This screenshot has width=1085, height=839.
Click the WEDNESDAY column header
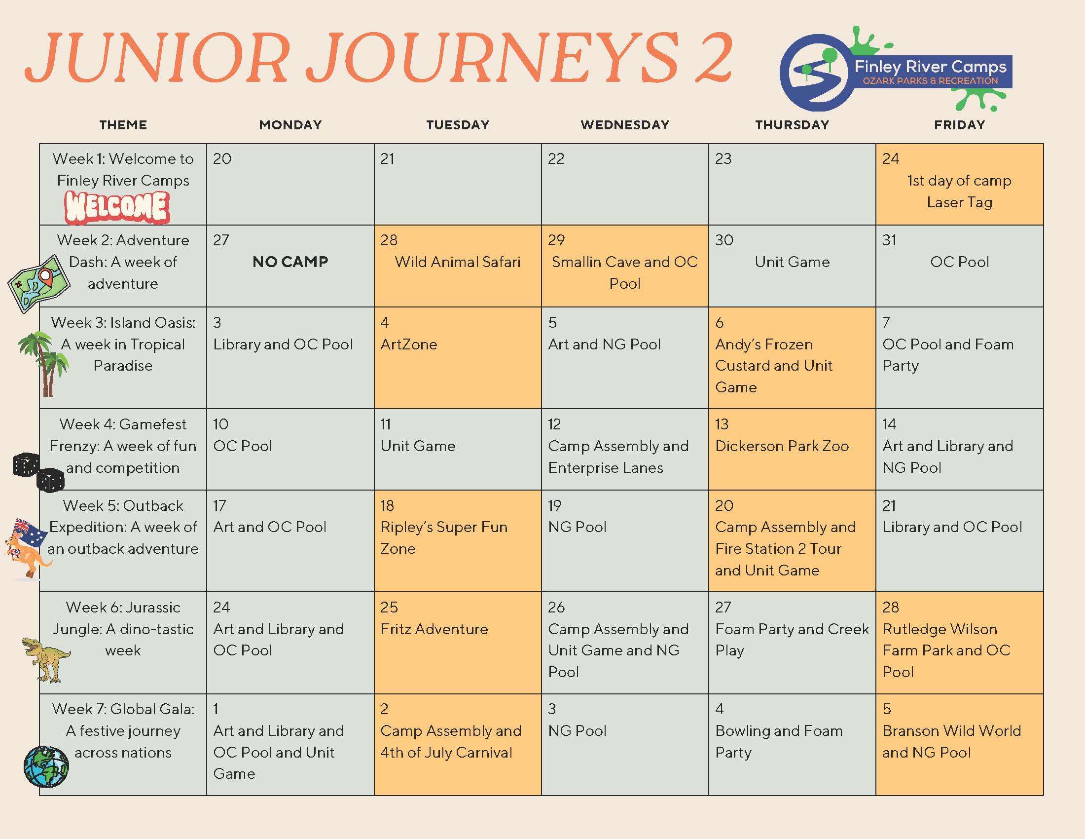pos(624,125)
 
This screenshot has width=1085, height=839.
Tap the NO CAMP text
pos(290,262)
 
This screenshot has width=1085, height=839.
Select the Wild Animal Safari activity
pos(458,262)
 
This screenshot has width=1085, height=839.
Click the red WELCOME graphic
pos(117,207)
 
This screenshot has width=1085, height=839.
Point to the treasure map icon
pos(39,283)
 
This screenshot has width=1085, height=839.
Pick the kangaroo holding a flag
pos(28,549)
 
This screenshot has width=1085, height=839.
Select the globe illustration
pos(46,766)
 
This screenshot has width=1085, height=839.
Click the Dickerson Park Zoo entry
pos(782,446)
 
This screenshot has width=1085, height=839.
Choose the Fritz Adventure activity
pos(434,629)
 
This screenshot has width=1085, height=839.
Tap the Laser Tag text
pos(959,202)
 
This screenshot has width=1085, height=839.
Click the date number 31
pos(889,240)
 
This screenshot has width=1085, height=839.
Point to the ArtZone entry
pos(409,344)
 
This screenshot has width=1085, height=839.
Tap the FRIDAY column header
pos(959,125)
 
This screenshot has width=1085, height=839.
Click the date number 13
pos(722,424)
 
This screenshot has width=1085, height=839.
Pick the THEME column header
pos(123,125)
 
